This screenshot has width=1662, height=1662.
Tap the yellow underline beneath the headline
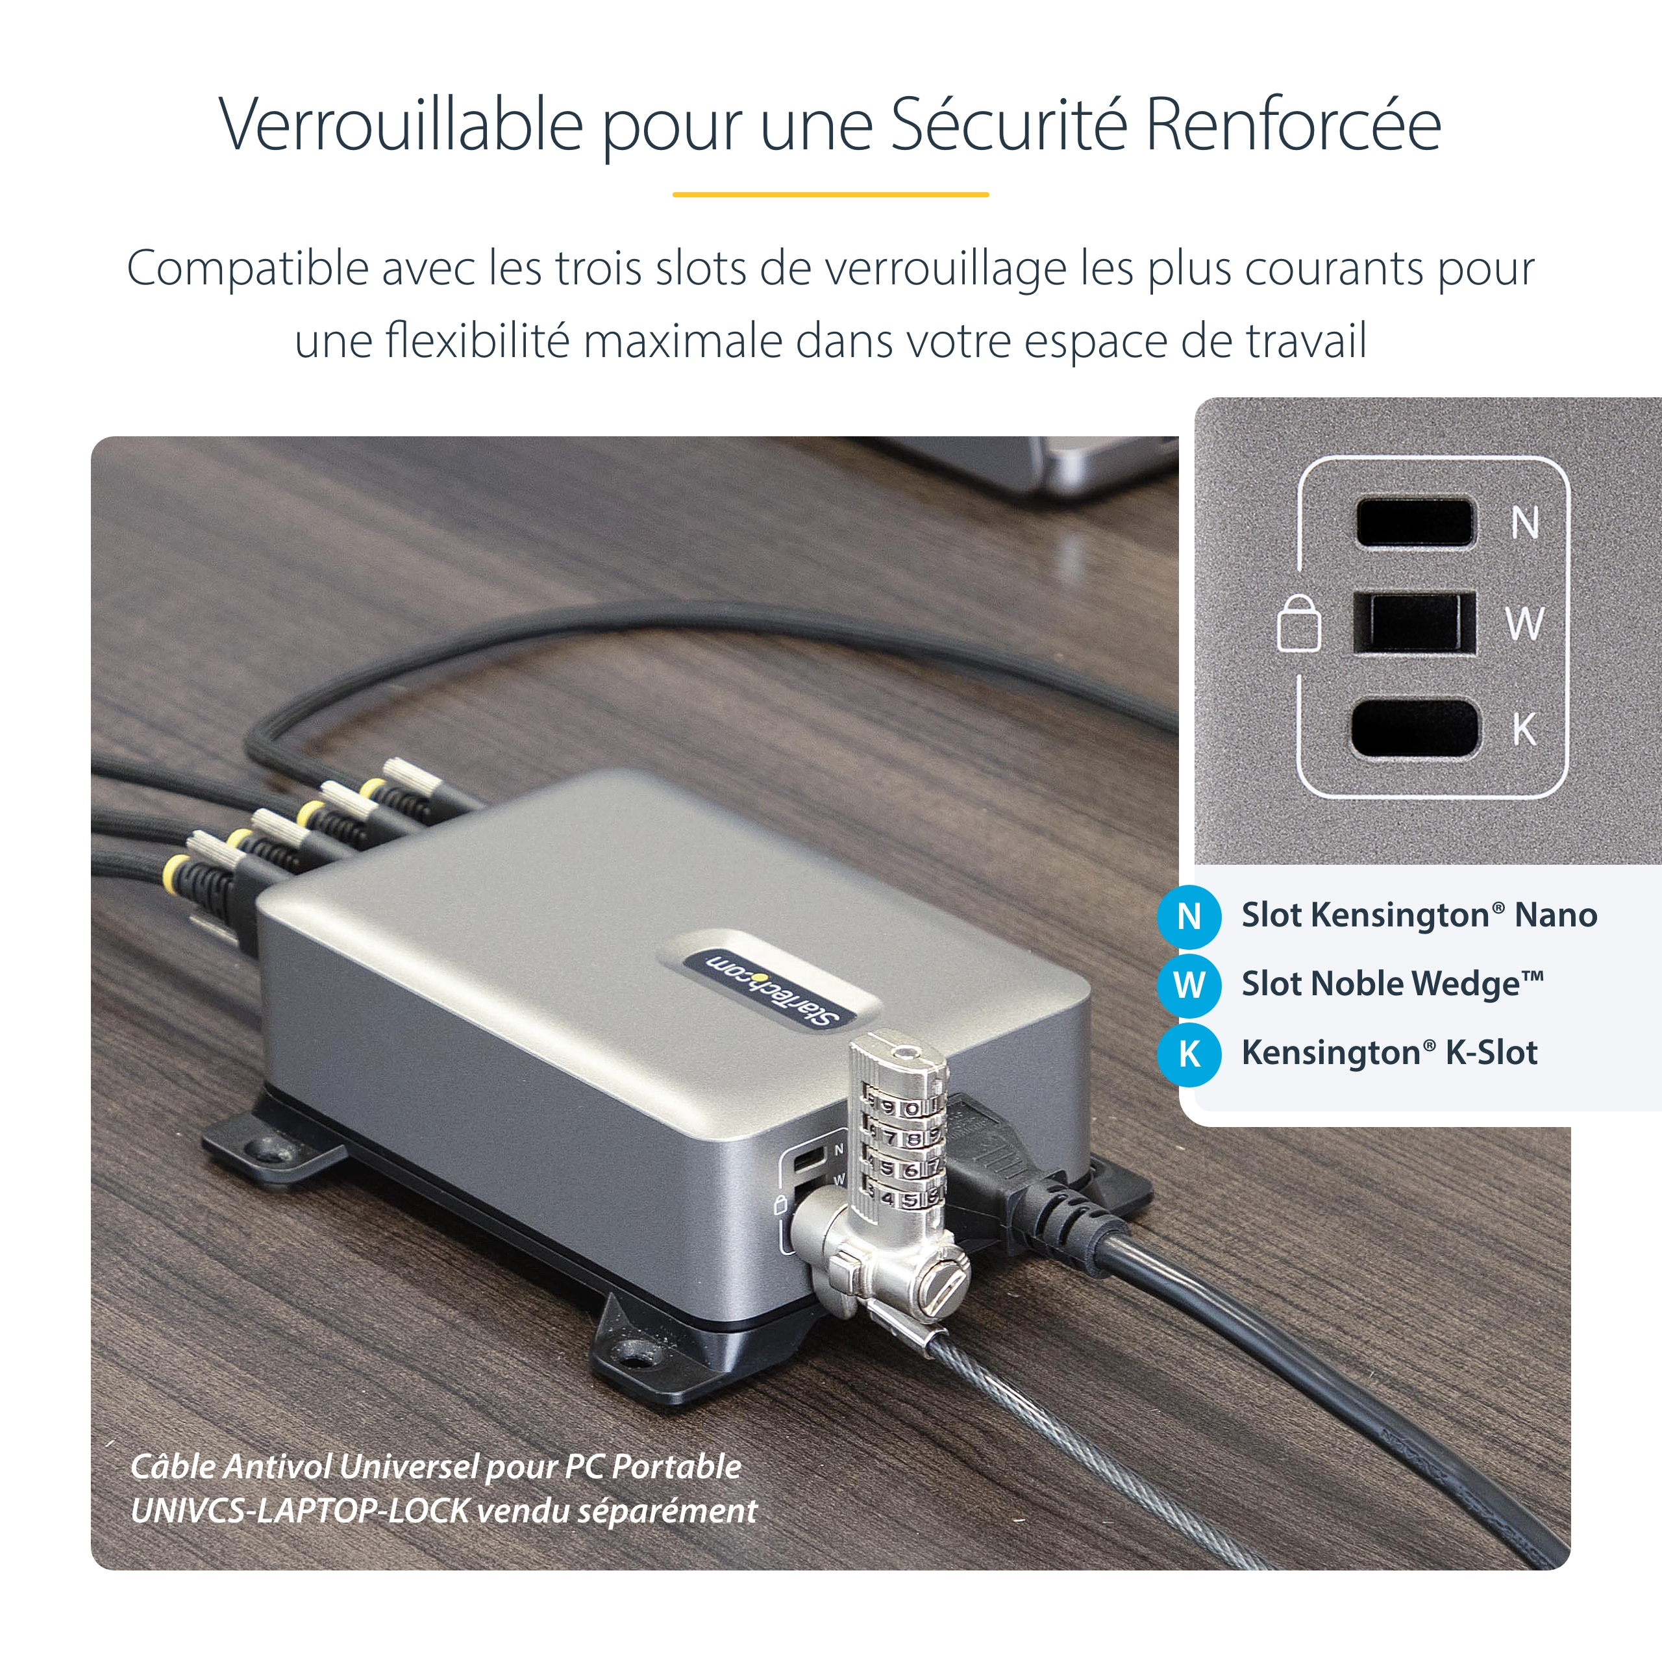click(x=830, y=194)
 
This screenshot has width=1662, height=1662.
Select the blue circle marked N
click(x=1189, y=916)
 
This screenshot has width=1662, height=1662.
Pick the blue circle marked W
click(x=1189, y=985)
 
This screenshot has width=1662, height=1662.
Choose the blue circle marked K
click(x=1189, y=1054)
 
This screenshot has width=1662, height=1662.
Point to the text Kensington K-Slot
click(x=1389, y=1053)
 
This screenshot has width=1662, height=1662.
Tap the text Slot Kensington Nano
click(x=1419, y=915)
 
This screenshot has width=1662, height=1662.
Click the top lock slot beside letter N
click(x=1415, y=521)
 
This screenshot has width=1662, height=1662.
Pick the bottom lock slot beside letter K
click(x=1415, y=728)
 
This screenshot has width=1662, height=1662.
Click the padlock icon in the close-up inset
click(x=1299, y=623)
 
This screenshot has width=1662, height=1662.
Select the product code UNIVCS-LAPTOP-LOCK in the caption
click(x=300, y=1511)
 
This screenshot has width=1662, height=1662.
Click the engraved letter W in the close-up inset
click(x=1524, y=623)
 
